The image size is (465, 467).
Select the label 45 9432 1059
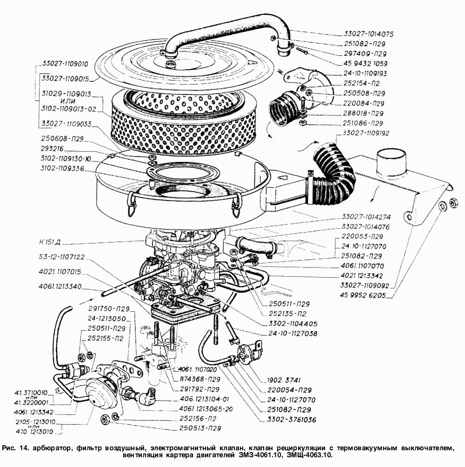[x=365, y=63]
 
